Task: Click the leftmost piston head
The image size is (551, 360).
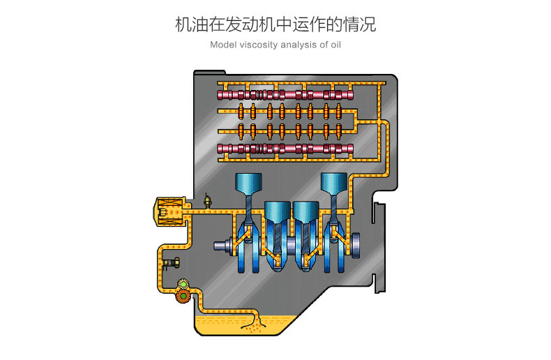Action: (249, 183)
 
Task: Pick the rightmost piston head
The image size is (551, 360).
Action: (333, 183)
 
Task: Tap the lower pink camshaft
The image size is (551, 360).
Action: (285, 148)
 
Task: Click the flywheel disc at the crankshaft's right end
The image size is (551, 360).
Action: (356, 244)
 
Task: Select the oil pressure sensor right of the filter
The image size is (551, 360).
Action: (206, 201)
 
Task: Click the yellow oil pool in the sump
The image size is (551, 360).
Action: (230, 325)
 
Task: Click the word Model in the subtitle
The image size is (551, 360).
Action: (222, 45)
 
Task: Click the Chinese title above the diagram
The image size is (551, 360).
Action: (275, 24)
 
